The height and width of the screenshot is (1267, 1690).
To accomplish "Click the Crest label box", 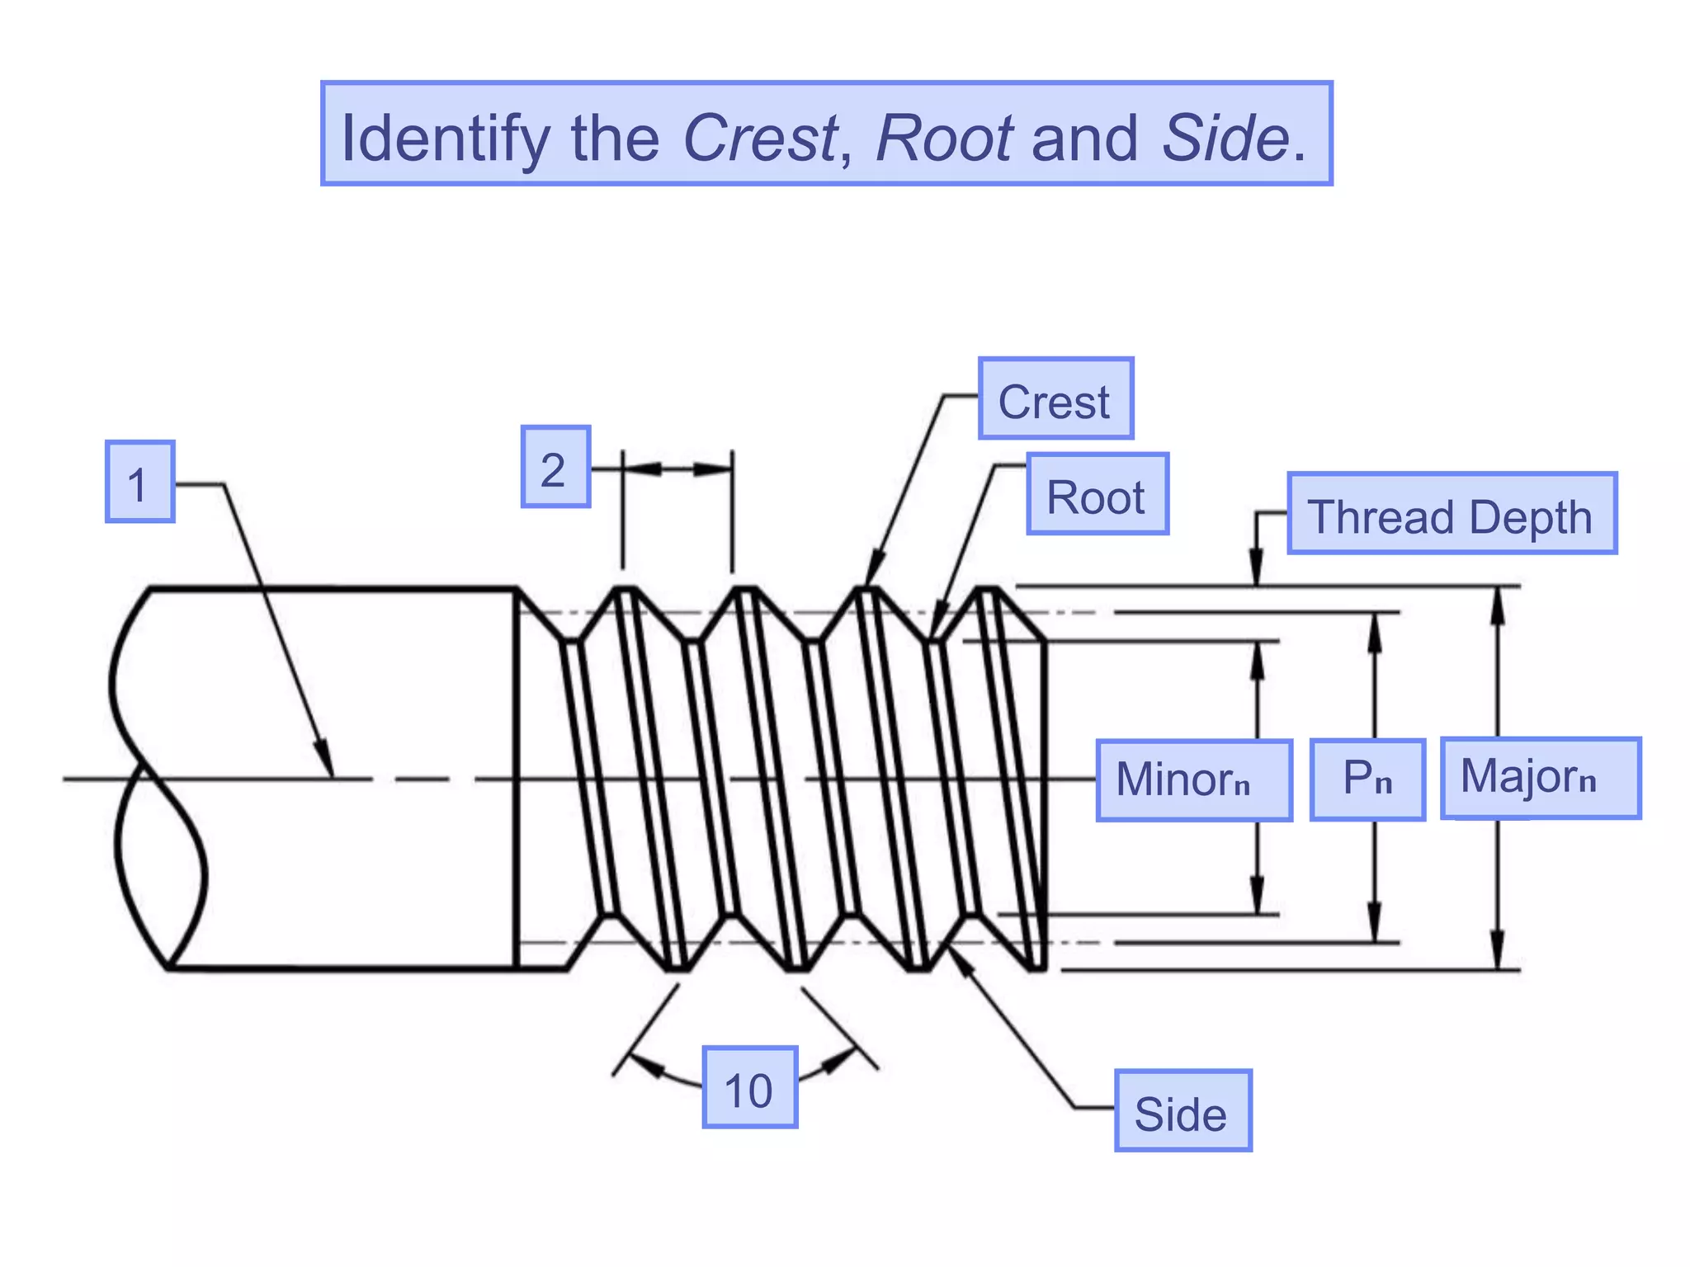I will pyautogui.click(x=1055, y=399).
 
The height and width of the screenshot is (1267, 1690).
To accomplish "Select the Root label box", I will pyautogui.click(x=1097, y=494).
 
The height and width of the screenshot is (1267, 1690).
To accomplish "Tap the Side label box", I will pyautogui.click(x=1183, y=1111).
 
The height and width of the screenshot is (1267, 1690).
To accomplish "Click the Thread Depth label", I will pyautogui.click(x=1451, y=514).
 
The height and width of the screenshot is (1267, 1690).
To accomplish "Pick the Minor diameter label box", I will pyautogui.click(x=1193, y=780).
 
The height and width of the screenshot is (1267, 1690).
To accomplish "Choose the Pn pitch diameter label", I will pyautogui.click(x=1367, y=780).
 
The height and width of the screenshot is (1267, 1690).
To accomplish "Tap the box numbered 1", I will pyautogui.click(x=139, y=482).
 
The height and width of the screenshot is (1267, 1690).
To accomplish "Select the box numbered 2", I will pyautogui.click(x=555, y=467).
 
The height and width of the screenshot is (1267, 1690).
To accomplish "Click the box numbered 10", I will pyautogui.click(x=749, y=1087).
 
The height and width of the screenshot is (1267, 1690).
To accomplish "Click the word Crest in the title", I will pyautogui.click(x=760, y=137).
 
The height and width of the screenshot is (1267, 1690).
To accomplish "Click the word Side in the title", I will pyautogui.click(x=1225, y=137).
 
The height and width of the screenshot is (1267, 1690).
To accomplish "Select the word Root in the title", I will pyautogui.click(x=944, y=137).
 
